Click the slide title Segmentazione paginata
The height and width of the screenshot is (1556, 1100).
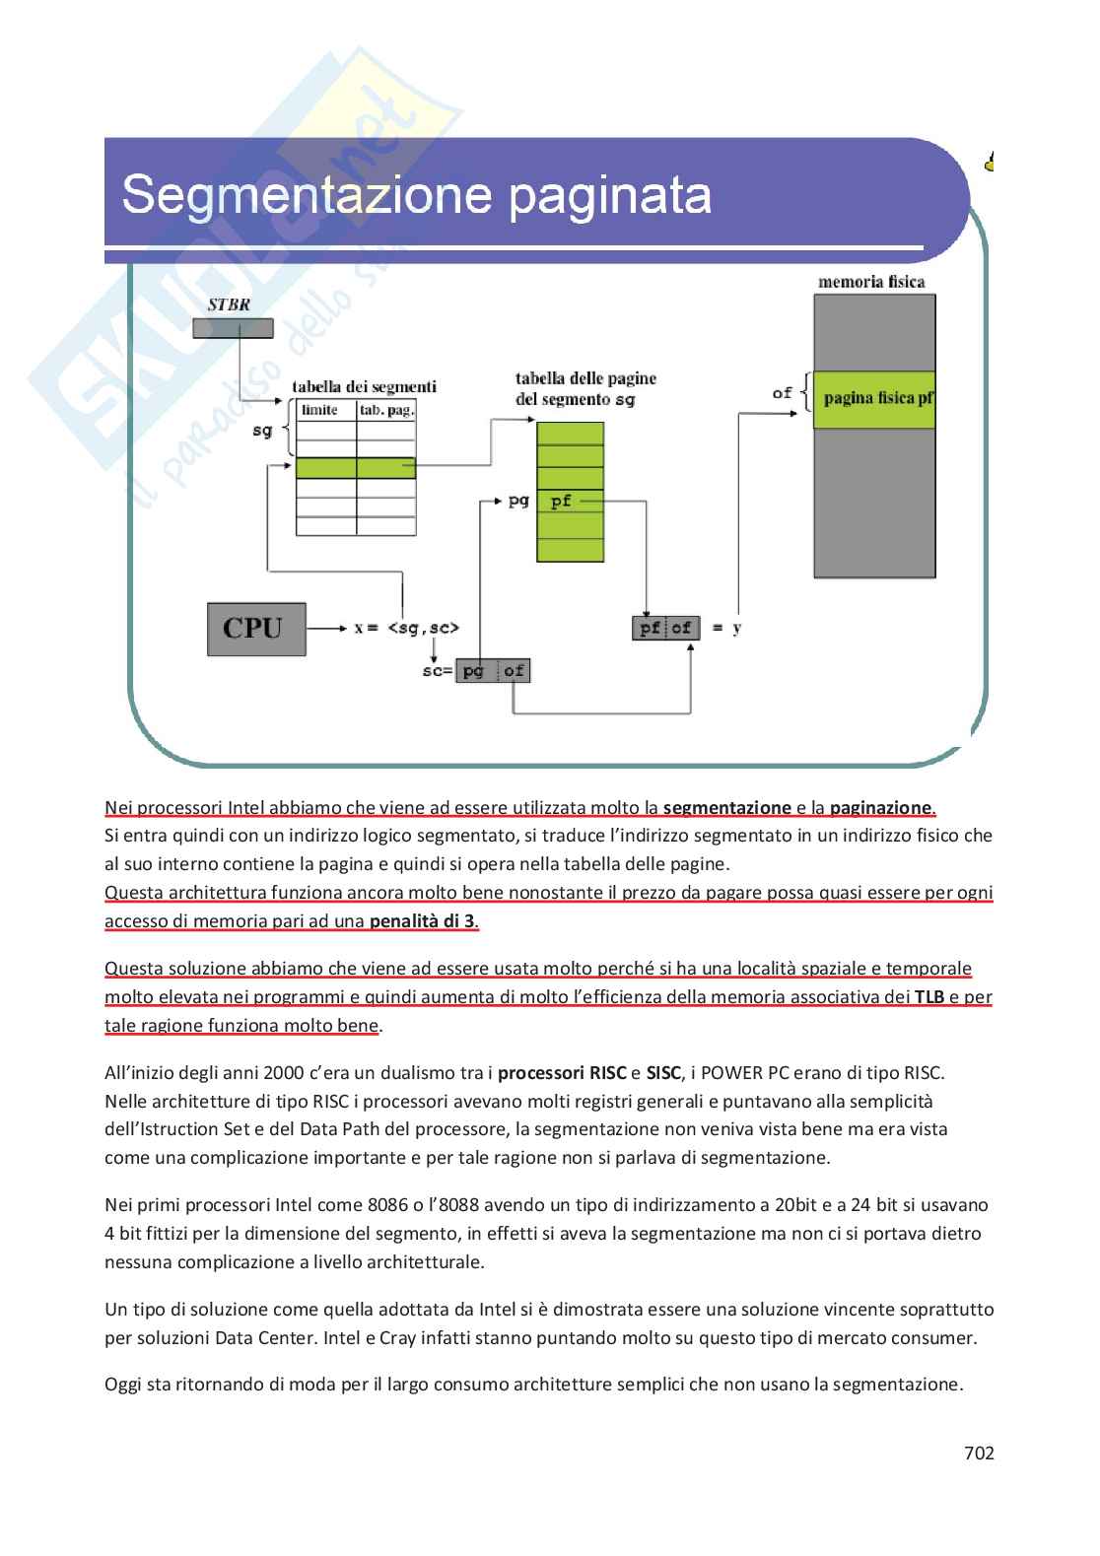[x=416, y=194]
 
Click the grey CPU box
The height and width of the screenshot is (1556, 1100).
[x=255, y=629]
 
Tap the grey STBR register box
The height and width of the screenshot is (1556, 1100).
[x=233, y=328]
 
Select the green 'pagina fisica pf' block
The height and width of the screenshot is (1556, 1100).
[x=873, y=399]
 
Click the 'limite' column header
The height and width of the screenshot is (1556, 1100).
[x=320, y=410]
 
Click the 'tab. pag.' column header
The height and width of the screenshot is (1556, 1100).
[x=386, y=410]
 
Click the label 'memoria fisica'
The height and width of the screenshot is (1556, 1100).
[x=871, y=282]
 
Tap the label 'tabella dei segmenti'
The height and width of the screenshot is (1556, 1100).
[x=364, y=387]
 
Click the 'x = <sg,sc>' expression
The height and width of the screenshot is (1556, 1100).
[x=406, y=628]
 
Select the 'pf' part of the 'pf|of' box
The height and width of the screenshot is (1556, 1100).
[x=650, y=628]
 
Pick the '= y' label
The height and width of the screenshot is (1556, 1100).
[x=726, y=628]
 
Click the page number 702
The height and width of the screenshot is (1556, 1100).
[x=978, y=1453]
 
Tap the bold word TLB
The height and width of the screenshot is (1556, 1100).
[x=928, y=996]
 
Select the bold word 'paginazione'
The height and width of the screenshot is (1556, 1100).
[x=880, y=808]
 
